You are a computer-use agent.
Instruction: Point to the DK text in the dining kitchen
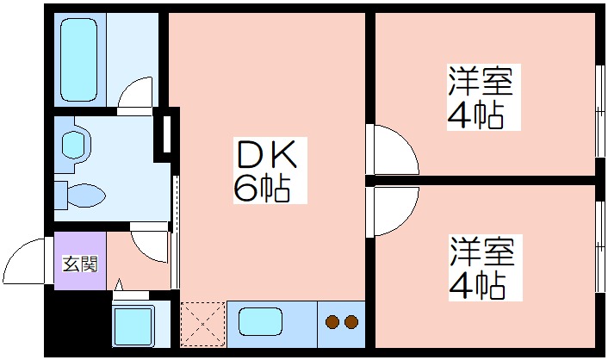click(266, 156)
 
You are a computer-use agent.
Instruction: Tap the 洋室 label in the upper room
click(480, 83)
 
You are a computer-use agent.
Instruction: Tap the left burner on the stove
click(333, 324)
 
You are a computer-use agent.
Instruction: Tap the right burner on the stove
click(351, 324)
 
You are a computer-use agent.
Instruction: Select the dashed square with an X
click(202, 323)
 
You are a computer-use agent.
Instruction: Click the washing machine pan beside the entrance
click(133, 326)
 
